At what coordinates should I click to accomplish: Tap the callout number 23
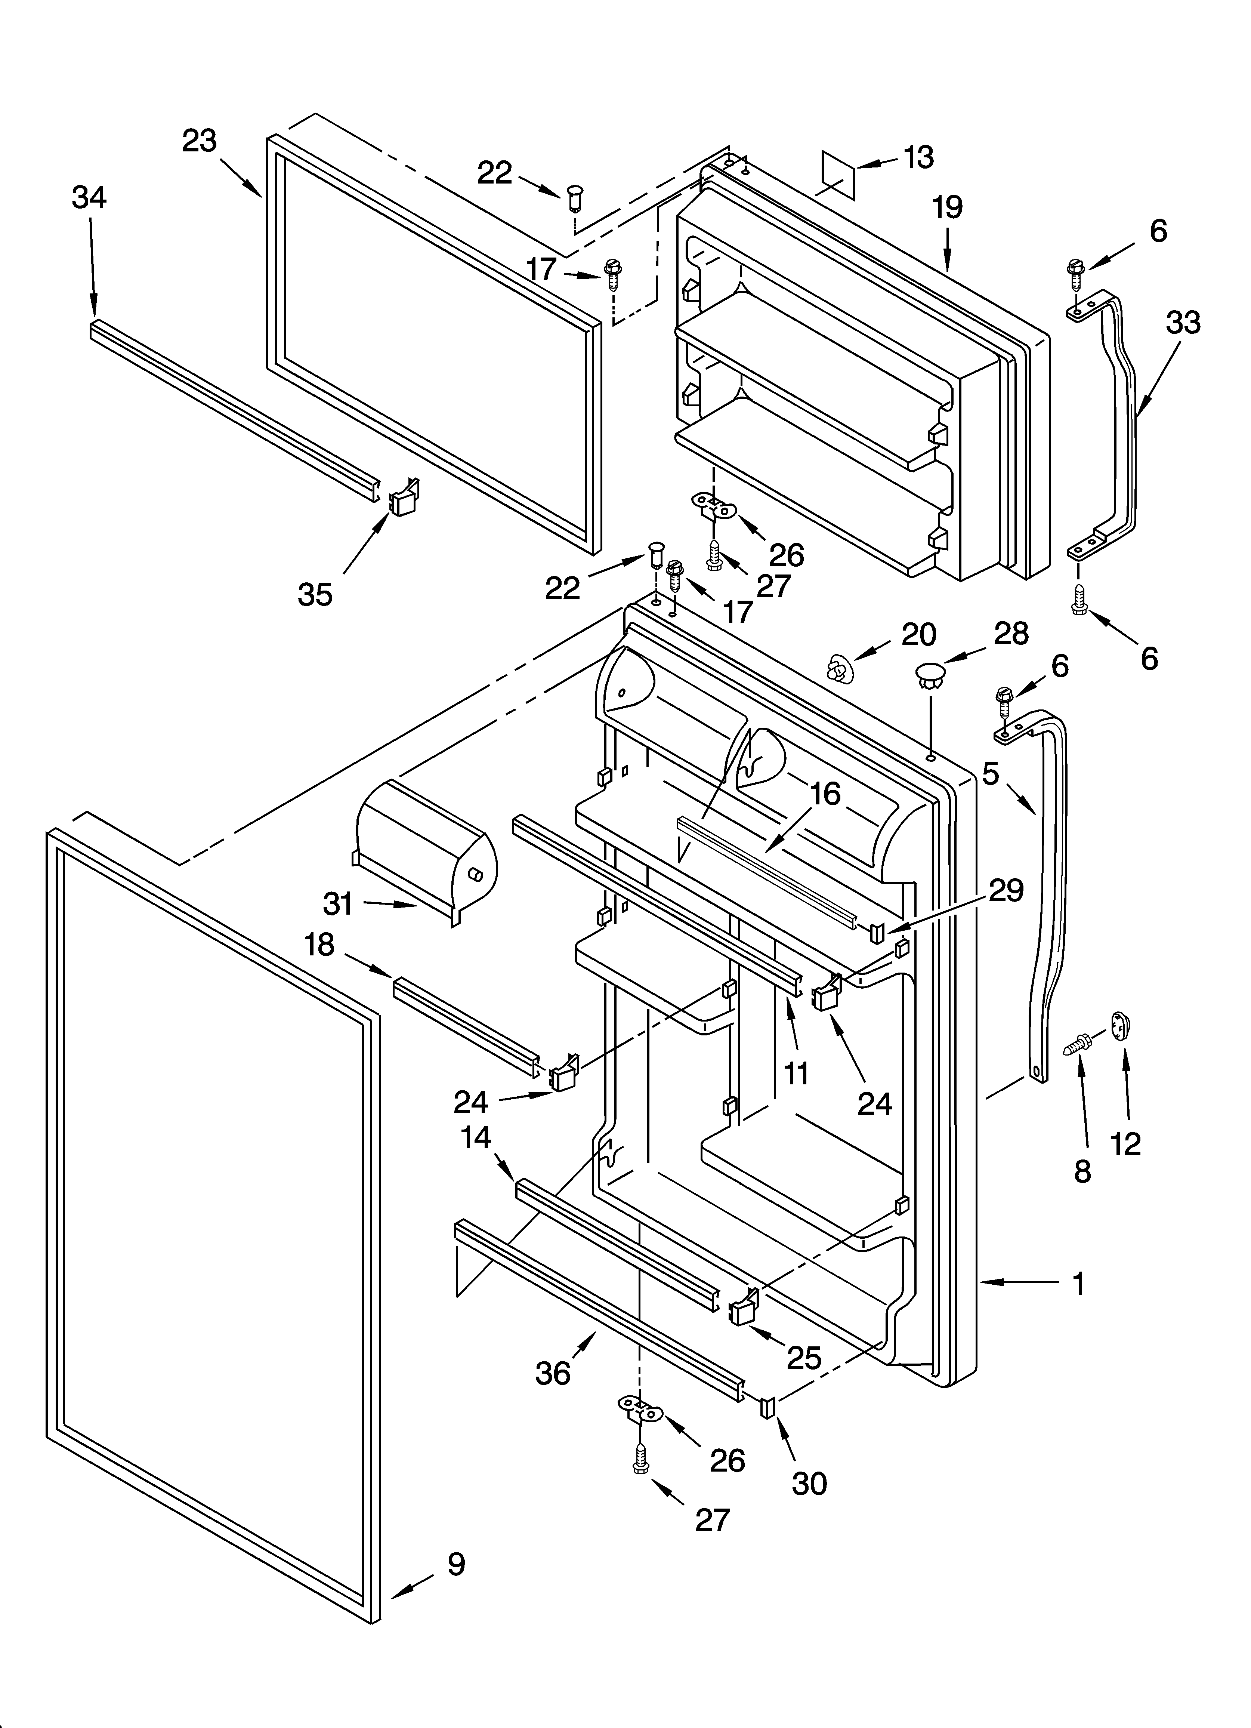[x=200, y=141]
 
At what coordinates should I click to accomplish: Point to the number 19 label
[x=948, y=207]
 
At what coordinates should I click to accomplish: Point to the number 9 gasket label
[x=455, y=1564]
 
